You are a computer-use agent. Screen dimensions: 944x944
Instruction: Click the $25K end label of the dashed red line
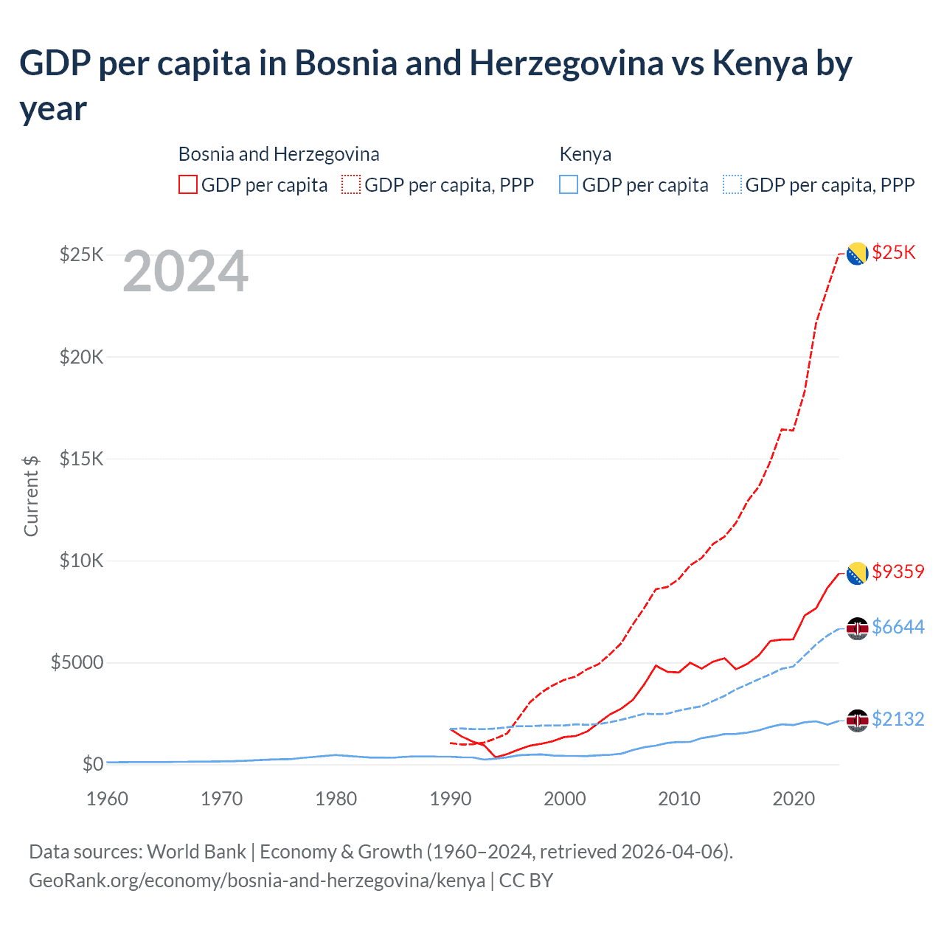pos(893,253)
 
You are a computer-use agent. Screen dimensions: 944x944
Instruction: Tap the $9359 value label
pos(898,572)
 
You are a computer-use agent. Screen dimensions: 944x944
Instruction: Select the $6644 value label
pos(898,627)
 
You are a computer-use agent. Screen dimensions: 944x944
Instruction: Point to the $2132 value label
pos(898,719)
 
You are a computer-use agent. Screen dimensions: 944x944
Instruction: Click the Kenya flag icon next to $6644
pos(857,628)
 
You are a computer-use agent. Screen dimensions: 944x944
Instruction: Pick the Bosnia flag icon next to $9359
pos(857,573)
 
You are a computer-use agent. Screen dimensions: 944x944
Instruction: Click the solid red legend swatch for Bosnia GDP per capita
pos(188,184)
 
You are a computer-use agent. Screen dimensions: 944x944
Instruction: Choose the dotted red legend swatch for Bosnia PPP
pos(352,184)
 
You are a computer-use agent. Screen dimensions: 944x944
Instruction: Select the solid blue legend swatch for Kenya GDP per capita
pos(569,184)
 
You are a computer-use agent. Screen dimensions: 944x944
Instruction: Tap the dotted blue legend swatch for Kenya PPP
pos(732,184)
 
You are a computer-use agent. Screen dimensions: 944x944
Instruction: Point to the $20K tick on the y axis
pos(81,357)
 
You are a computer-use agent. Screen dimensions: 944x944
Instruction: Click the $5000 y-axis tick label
pos(77,662)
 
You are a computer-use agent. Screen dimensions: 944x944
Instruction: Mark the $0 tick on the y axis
pos(92,764)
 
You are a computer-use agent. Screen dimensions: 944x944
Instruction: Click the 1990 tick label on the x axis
pos(451,799)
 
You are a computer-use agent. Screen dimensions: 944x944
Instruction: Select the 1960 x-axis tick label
pos(108,799)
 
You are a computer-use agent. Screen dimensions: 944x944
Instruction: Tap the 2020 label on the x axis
pos(794,799)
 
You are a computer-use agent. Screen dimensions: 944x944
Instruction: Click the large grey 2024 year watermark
pos(185,271)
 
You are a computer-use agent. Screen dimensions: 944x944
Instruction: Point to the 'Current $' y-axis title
pos(31,496)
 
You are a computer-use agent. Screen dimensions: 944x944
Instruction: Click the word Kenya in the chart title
pos(760,63)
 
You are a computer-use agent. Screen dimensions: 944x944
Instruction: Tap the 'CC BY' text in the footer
pos(526,881)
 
